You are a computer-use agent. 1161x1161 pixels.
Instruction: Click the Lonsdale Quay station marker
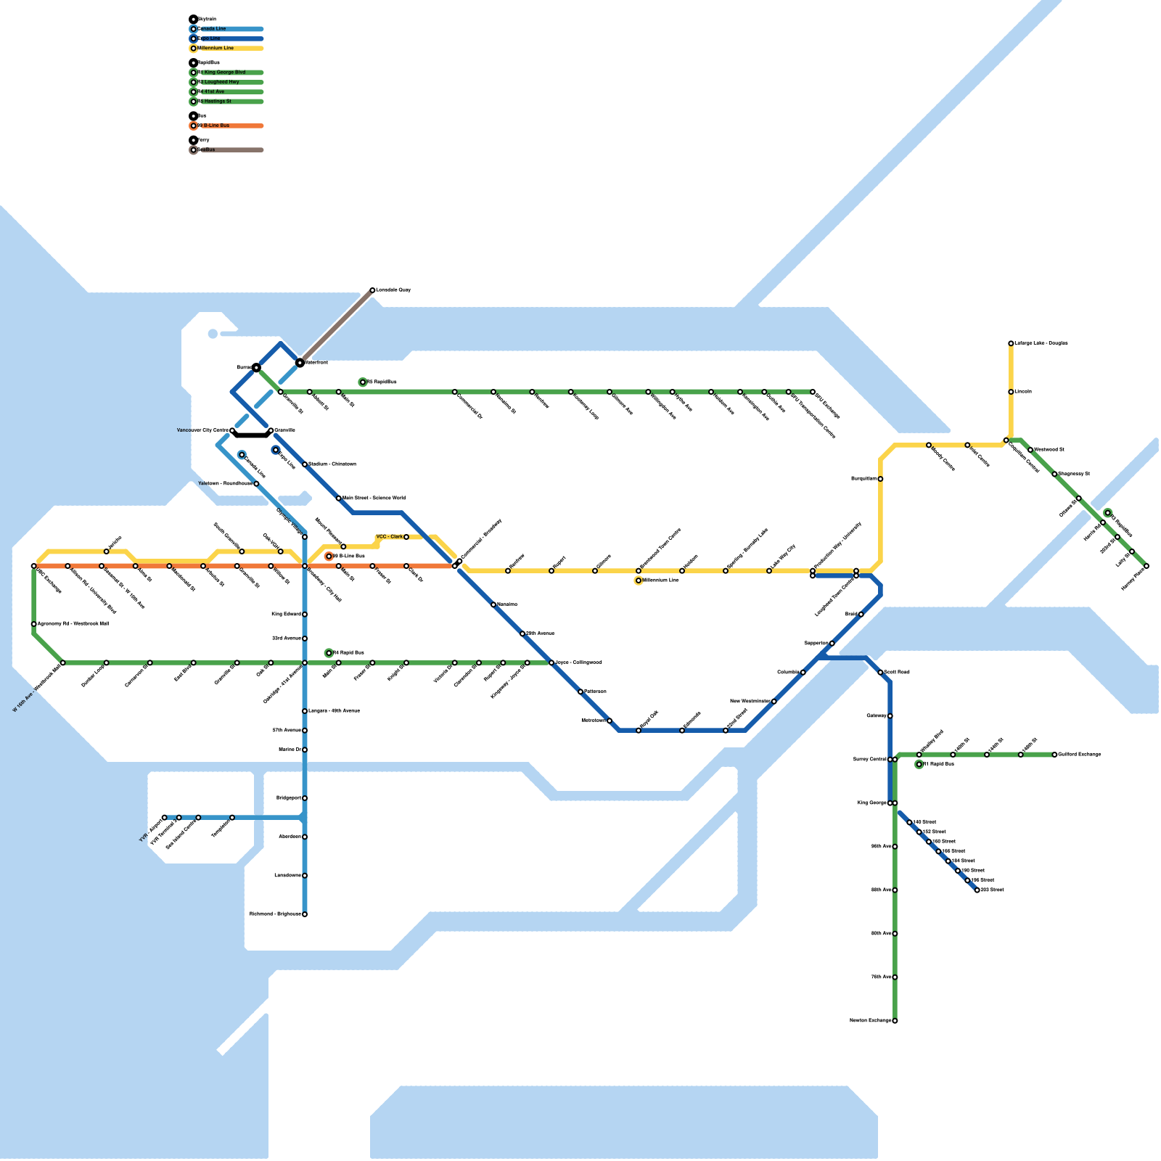(x=372, y=290)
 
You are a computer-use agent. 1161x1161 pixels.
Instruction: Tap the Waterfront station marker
(x=300, y=362)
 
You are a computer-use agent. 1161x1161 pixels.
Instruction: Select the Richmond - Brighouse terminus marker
(x=305, y=914)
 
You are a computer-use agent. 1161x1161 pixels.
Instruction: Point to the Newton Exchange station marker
(x=895, y=1021)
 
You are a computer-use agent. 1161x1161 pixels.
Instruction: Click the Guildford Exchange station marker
(x=1054, y=755)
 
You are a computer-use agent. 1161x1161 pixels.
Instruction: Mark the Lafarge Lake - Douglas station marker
(x=1011, y=343)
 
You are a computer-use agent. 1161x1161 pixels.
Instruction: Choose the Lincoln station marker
(x=1011, y=392)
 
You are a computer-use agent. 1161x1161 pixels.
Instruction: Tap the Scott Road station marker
(x=880, y=673)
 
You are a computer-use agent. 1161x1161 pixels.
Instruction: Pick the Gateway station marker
(x=890, y=716)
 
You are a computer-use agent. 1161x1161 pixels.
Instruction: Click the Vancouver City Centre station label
(x=202, y=430)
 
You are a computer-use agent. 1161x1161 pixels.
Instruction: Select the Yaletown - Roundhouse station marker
(x=256, y=484)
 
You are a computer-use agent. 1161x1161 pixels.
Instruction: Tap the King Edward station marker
(x=305, y=615)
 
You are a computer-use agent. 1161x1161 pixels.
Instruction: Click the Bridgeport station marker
(x=305, y=798)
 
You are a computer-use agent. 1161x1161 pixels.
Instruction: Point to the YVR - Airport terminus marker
(x=165, y=818)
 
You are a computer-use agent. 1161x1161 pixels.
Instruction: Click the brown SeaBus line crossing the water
(x=336, y=327)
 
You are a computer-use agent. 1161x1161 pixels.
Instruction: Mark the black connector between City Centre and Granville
(x=252, y=435)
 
